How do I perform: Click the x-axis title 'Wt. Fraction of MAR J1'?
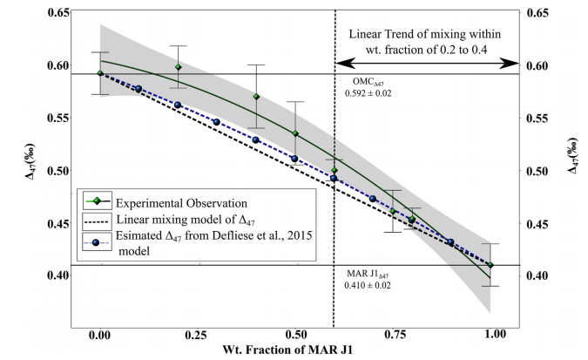coord(294,350)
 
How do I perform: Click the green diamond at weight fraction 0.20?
coord(179,67)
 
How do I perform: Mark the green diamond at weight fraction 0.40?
coord(256,97)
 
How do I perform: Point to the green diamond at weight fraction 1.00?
coord(490,265)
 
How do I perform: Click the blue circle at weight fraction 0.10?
coord(139,89)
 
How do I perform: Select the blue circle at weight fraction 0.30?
coord(217,122)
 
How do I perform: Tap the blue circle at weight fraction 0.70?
coord(373,199)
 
